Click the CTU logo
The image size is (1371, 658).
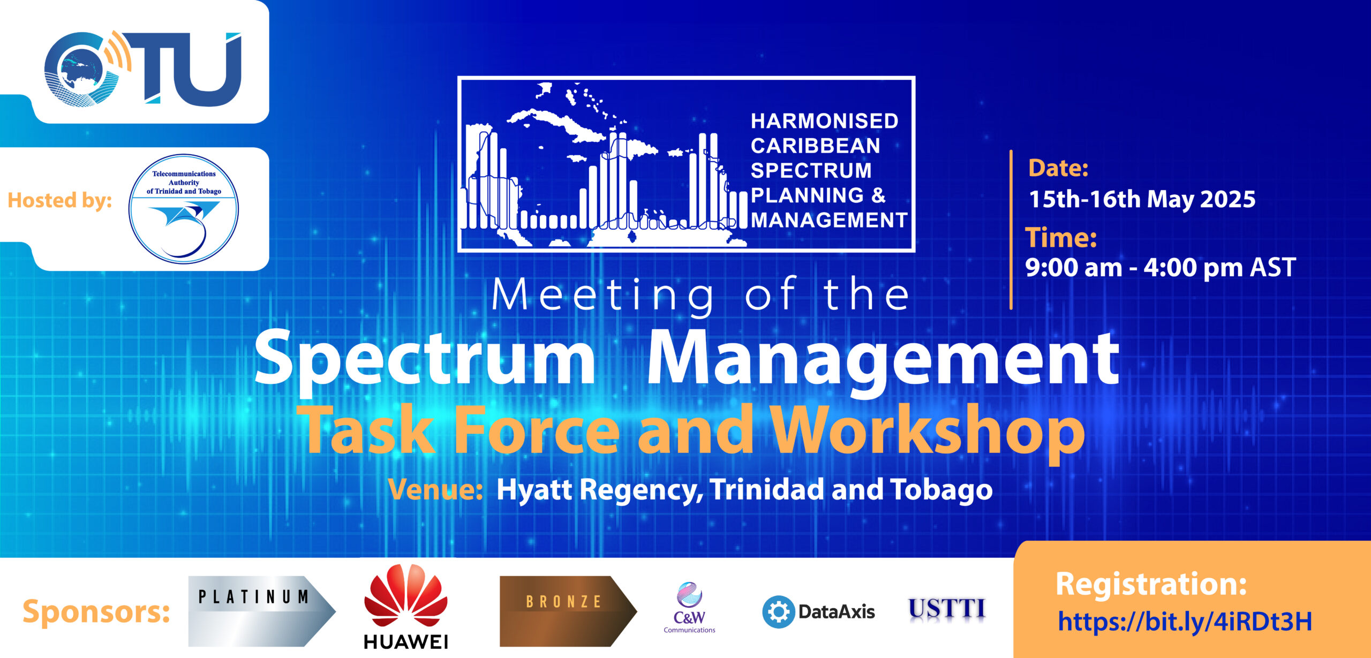click(x=143, y=69)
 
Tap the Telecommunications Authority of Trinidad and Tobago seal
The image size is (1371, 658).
click(x=184, y=209)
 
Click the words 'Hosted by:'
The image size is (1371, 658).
click(x=60, y=200)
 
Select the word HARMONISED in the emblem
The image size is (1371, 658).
click(x=824, y=121)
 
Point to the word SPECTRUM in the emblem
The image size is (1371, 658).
click(x=811, y=170)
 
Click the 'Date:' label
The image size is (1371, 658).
click(x=1058, y=168)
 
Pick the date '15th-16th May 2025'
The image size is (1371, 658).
click(x=1142, y=199)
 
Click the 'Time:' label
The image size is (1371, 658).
click(x=1061, y=237)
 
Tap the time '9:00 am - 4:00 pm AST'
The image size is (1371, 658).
click(x=1160, y=267)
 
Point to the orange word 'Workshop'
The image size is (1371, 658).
click(x=929, y=430)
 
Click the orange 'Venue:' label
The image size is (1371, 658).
click(x=435, y=489)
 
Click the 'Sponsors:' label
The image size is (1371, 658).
click(x=96, y=611)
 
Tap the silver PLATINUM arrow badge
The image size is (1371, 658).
click(x=262, y=611)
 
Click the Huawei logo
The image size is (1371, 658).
click(x=406, y=607)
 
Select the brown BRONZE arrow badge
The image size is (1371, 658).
click(x=568, y=611)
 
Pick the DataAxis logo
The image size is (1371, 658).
click(x=818, y=611)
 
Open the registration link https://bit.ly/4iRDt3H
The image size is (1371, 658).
click(x=1185, y=622)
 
